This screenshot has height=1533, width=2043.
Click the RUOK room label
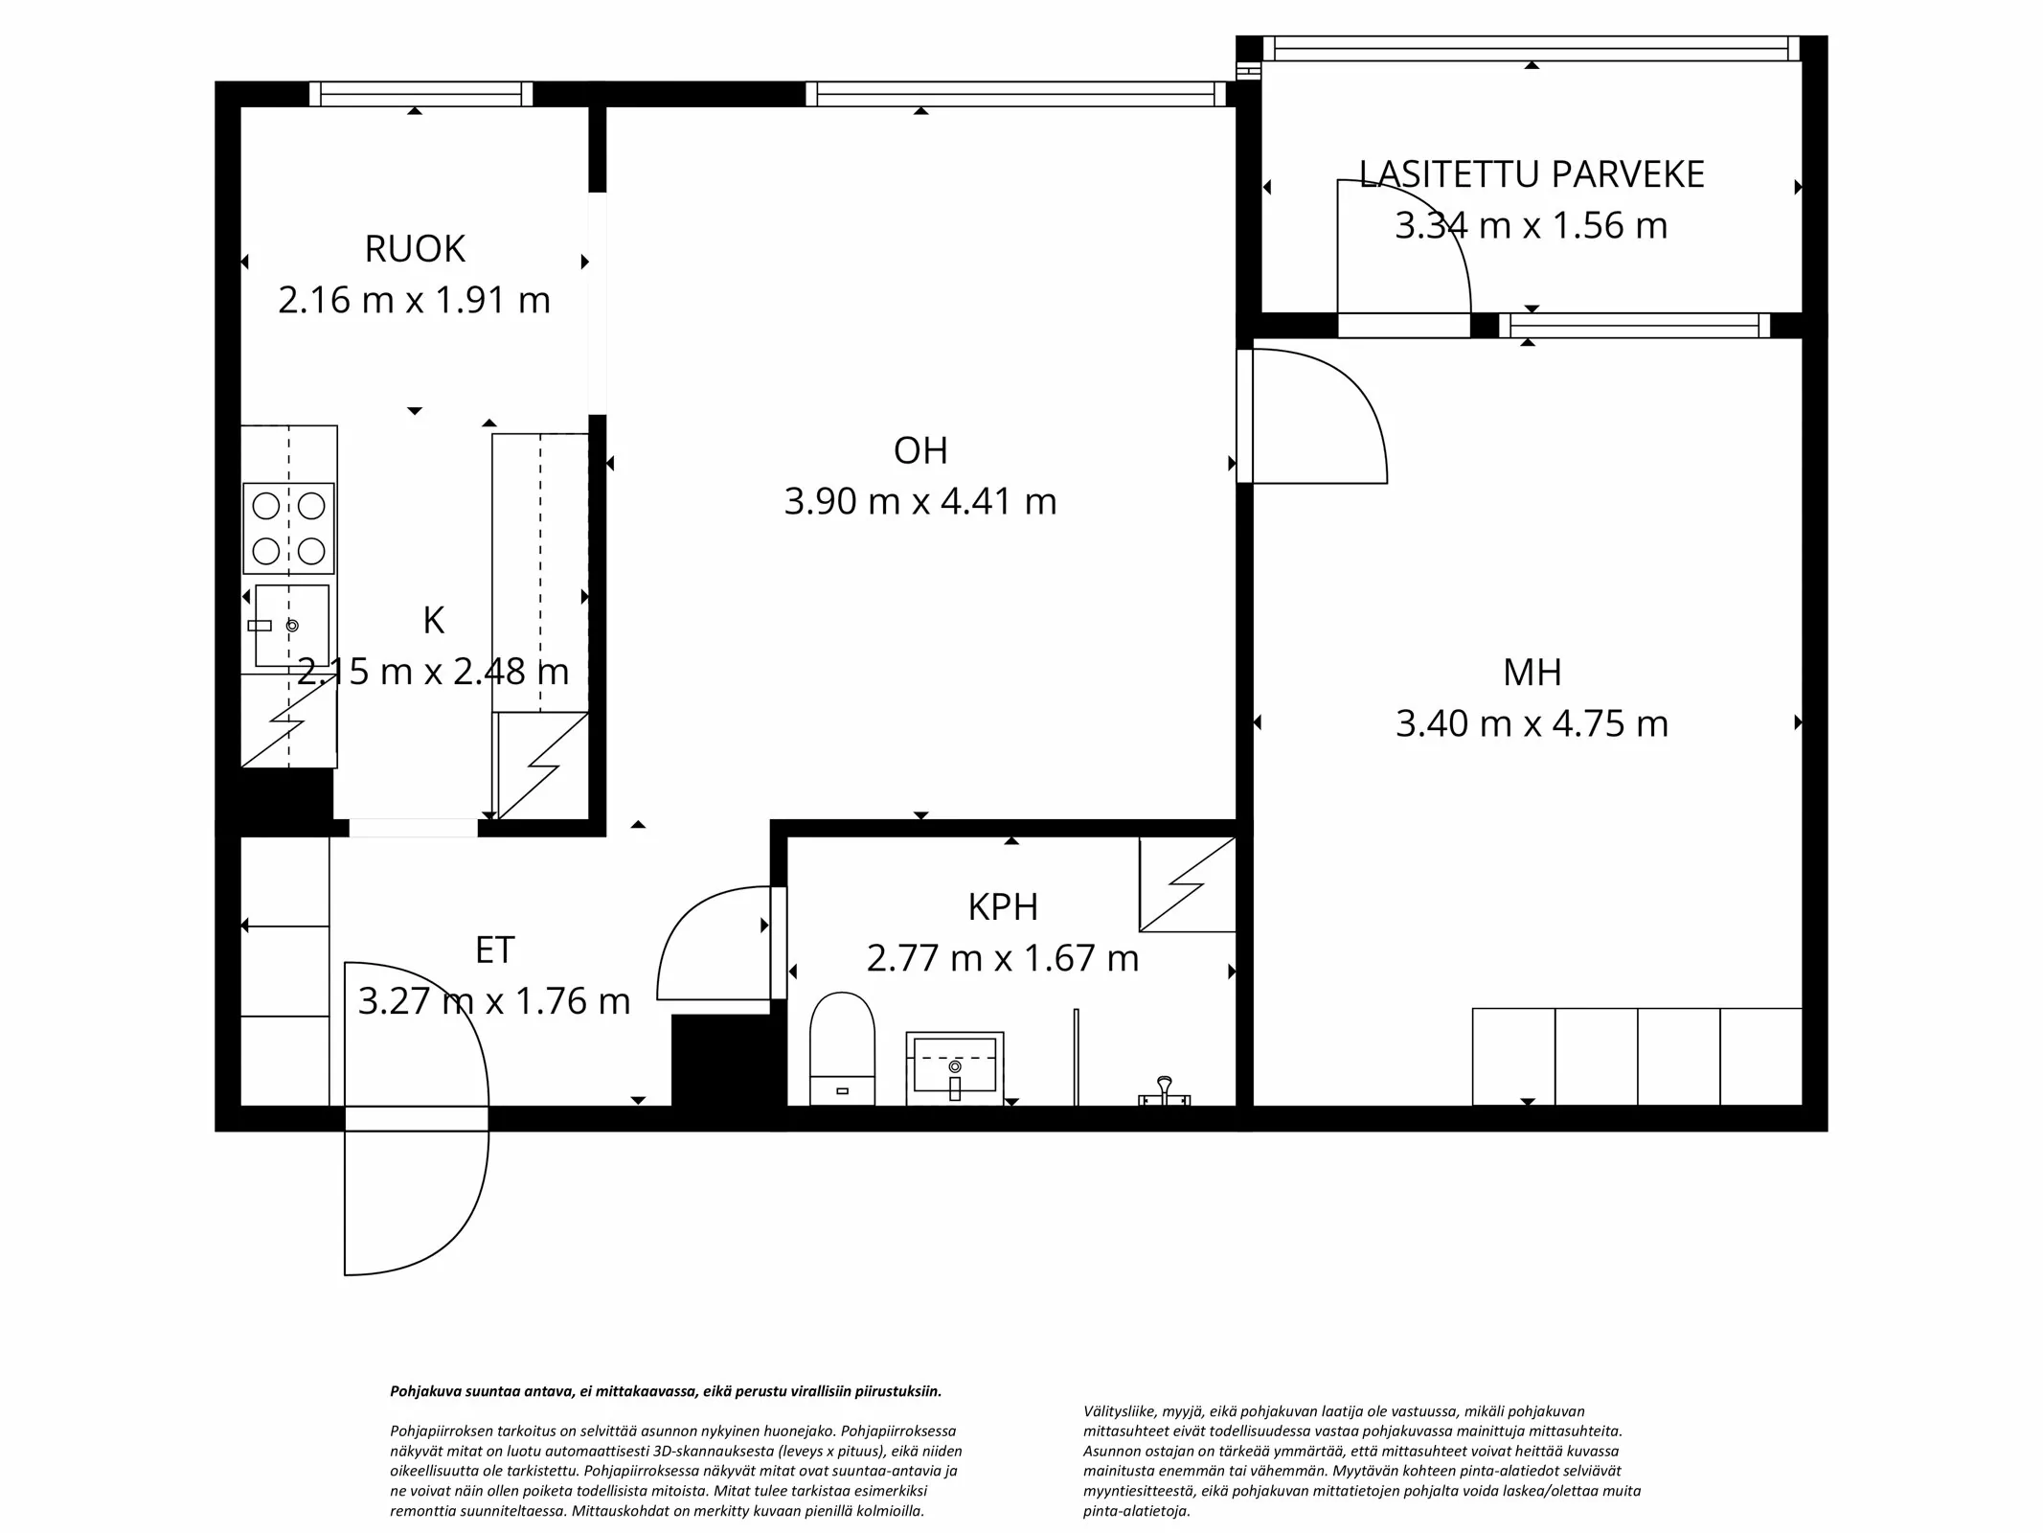point(414,249)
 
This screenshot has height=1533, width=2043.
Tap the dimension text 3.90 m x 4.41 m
point(919,501)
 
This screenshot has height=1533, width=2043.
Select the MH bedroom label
point(1532,673)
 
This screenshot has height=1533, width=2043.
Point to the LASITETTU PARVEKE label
point(1532,174)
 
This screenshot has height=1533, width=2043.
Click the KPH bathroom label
point(1002,906)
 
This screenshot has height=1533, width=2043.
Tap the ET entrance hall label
point(494,950)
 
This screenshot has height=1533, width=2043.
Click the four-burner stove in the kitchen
point(288,528)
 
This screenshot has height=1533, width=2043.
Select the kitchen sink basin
point(292,625)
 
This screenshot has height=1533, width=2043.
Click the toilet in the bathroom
point(842,1048)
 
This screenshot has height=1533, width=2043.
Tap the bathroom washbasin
point(955,1065)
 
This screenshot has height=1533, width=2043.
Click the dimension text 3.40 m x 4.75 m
point(1532,723)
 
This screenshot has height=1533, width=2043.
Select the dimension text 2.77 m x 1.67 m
point(1002,958)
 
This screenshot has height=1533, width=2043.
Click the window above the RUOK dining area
point(420,94)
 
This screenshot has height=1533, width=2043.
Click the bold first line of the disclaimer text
point(666,1391)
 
